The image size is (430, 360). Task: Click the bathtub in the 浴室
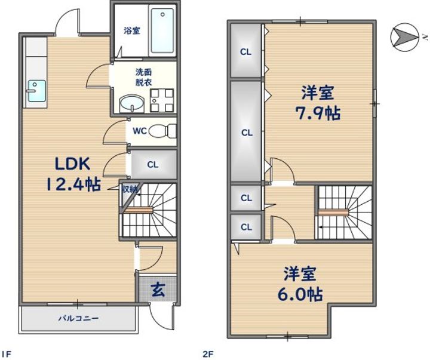(162, 30)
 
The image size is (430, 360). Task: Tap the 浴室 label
(132, 30)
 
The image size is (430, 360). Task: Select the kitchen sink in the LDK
(36, 91)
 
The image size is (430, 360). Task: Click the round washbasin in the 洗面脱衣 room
(131, 104)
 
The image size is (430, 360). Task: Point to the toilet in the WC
(162, 131)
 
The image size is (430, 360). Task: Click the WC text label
(140, 131)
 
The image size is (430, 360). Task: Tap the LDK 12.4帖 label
(73, 174)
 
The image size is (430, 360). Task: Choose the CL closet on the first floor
(153, 165)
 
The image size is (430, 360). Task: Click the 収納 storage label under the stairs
(130, 189)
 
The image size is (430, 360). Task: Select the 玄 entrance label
(158, 290)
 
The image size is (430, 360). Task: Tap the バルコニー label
(78, 319)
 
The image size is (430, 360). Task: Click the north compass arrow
(404, 37)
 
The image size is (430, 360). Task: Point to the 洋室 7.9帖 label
(318, 103)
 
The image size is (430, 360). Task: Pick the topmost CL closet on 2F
(245, 51)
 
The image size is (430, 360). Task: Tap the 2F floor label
(208, 354)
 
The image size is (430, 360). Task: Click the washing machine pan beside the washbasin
(162, 101)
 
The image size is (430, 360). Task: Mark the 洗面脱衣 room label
(144, 78)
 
